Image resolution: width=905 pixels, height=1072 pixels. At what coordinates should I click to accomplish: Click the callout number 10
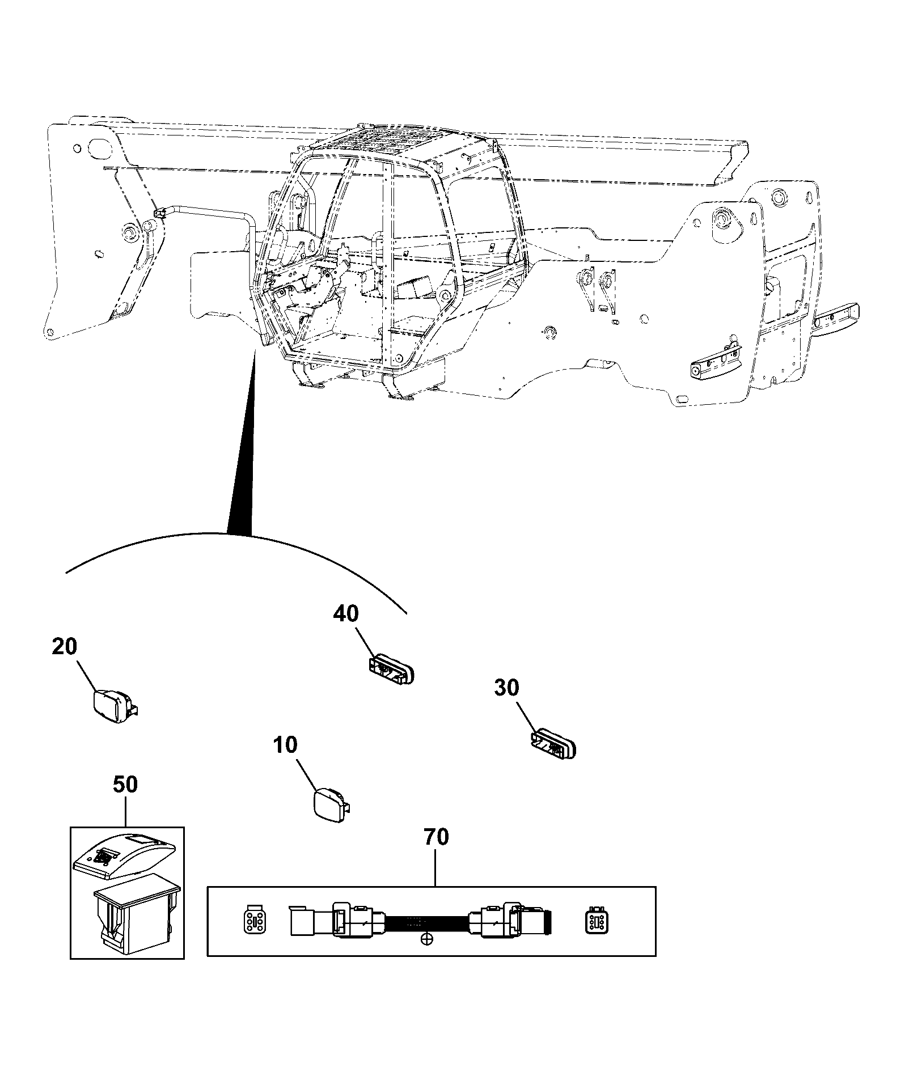tap(285, 744)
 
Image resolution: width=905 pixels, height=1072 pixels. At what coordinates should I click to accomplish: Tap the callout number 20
tap(64, 646)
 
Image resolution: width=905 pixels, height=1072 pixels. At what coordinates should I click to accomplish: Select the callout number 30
tap(506, 688)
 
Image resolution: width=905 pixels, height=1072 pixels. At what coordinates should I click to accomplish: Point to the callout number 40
tap(346, 613)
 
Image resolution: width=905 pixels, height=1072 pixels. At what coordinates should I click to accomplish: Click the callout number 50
tap(125, 785)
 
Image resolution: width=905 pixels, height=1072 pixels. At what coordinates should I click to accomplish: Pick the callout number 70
tap(435, 837)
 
